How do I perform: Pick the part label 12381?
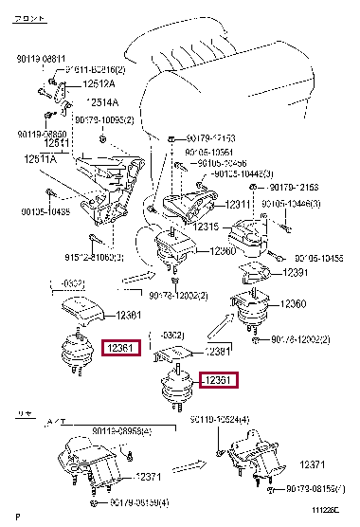coord(219,351)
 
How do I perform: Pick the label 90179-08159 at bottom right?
coord(314,491)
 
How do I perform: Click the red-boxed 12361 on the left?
coord(122,348)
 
